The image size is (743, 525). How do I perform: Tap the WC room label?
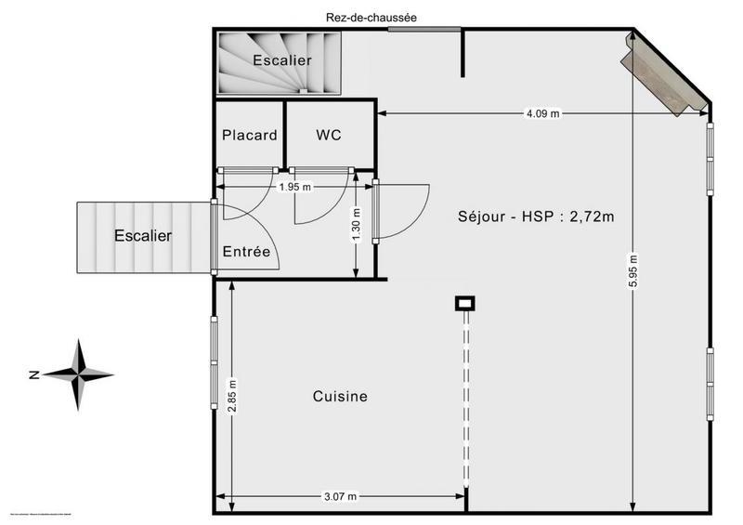(x=329, y=135)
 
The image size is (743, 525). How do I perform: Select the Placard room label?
(x=249, y=135)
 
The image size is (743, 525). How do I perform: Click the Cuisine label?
(x=339, y=396)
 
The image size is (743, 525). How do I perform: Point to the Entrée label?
(x=246, y=252)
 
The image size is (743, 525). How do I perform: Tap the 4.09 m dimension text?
(x=542, y=113)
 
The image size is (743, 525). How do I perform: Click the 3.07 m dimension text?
(x=340, y=496)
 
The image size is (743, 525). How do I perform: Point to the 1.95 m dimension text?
(x=295, y=187)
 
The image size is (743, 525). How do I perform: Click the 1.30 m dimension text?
(x=356, y=225)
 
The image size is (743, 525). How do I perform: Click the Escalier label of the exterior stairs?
(x=142, y=236)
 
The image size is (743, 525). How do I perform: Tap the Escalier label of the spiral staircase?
(x=282, y=60)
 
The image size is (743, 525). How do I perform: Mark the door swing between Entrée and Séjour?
(x=404, y=209)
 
